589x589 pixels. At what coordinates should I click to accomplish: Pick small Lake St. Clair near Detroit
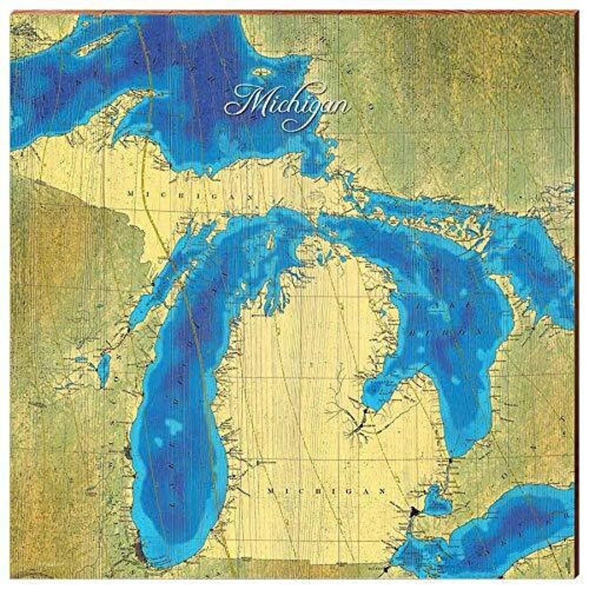pos(436,502)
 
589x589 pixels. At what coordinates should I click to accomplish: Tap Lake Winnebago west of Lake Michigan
pos(103,371)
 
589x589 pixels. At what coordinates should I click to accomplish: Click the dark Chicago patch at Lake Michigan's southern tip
pos(140,551)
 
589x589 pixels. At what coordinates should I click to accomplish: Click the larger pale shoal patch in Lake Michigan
pos(173,426)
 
